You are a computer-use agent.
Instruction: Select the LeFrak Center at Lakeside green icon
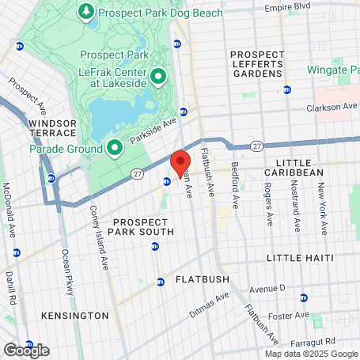(158, 76)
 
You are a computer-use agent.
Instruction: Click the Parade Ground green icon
(115, 148)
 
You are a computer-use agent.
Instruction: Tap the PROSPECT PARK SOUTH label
(142, 226)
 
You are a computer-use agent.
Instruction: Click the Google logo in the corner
(26, 350)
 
